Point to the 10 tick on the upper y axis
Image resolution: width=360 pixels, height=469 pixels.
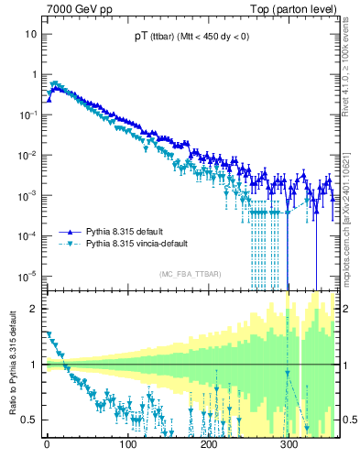pos(31,34)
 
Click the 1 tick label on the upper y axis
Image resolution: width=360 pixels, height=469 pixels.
pos(34,74)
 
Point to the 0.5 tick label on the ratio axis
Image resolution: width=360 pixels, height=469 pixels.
pos(30,420)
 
